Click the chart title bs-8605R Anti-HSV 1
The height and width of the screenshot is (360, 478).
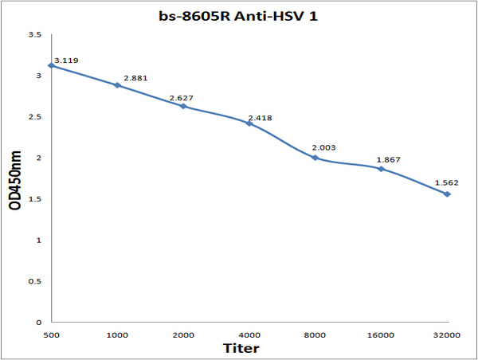click(x=238, y=16)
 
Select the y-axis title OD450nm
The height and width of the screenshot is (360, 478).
click(x=15, y=180)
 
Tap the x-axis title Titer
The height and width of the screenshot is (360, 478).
click(x=241, y=348)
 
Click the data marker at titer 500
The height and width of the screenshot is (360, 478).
click(x=52, y=65)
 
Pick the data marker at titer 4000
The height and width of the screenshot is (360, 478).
click(x=249, y=123)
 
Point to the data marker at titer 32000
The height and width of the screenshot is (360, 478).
click(x=447, y=194)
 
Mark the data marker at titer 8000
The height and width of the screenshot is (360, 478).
click(x=315, y=158)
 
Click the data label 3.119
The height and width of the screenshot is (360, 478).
click(x=66, y=61)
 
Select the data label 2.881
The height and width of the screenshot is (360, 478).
click(x=135, y=78)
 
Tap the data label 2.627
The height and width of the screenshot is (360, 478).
click(x=182, y=98)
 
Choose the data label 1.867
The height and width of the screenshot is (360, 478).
click(x=389, y=160)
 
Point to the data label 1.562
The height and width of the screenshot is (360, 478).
click(x=447, y=183)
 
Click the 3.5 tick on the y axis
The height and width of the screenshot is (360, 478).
click(x=35, y=35)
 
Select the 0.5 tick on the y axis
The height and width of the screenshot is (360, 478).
click(x=35, y=281)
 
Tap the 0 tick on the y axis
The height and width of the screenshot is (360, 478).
click(x=38, y=323)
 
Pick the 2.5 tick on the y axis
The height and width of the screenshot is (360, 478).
click(x=35, y=117)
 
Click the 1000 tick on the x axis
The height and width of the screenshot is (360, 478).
click(x=117, y=335)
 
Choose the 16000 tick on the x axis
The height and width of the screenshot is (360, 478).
click(x=381, y=335)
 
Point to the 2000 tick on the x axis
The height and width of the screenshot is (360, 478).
click(x=183, y=335)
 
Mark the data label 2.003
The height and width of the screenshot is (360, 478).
click(x=323, y=148)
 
